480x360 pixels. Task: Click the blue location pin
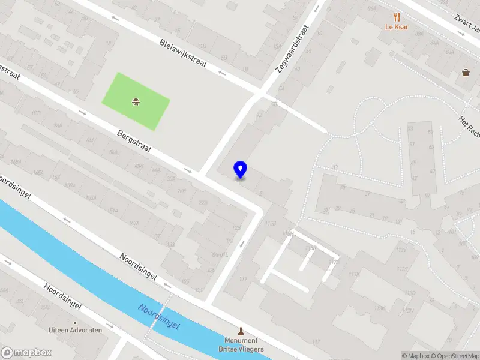(241, 170)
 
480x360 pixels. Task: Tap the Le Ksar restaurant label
(397, 27)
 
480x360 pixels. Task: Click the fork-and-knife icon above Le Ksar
(397, 17)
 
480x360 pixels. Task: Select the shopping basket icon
(466, 73)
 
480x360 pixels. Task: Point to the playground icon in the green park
(136, 101)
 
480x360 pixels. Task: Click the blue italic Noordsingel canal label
(160, 316)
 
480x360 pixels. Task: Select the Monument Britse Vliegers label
(241, 345)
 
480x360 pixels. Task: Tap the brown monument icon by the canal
(241, 331)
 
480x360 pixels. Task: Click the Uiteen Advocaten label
(76, 329)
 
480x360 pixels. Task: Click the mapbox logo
(25, 352)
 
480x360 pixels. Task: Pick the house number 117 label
(316, 343)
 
